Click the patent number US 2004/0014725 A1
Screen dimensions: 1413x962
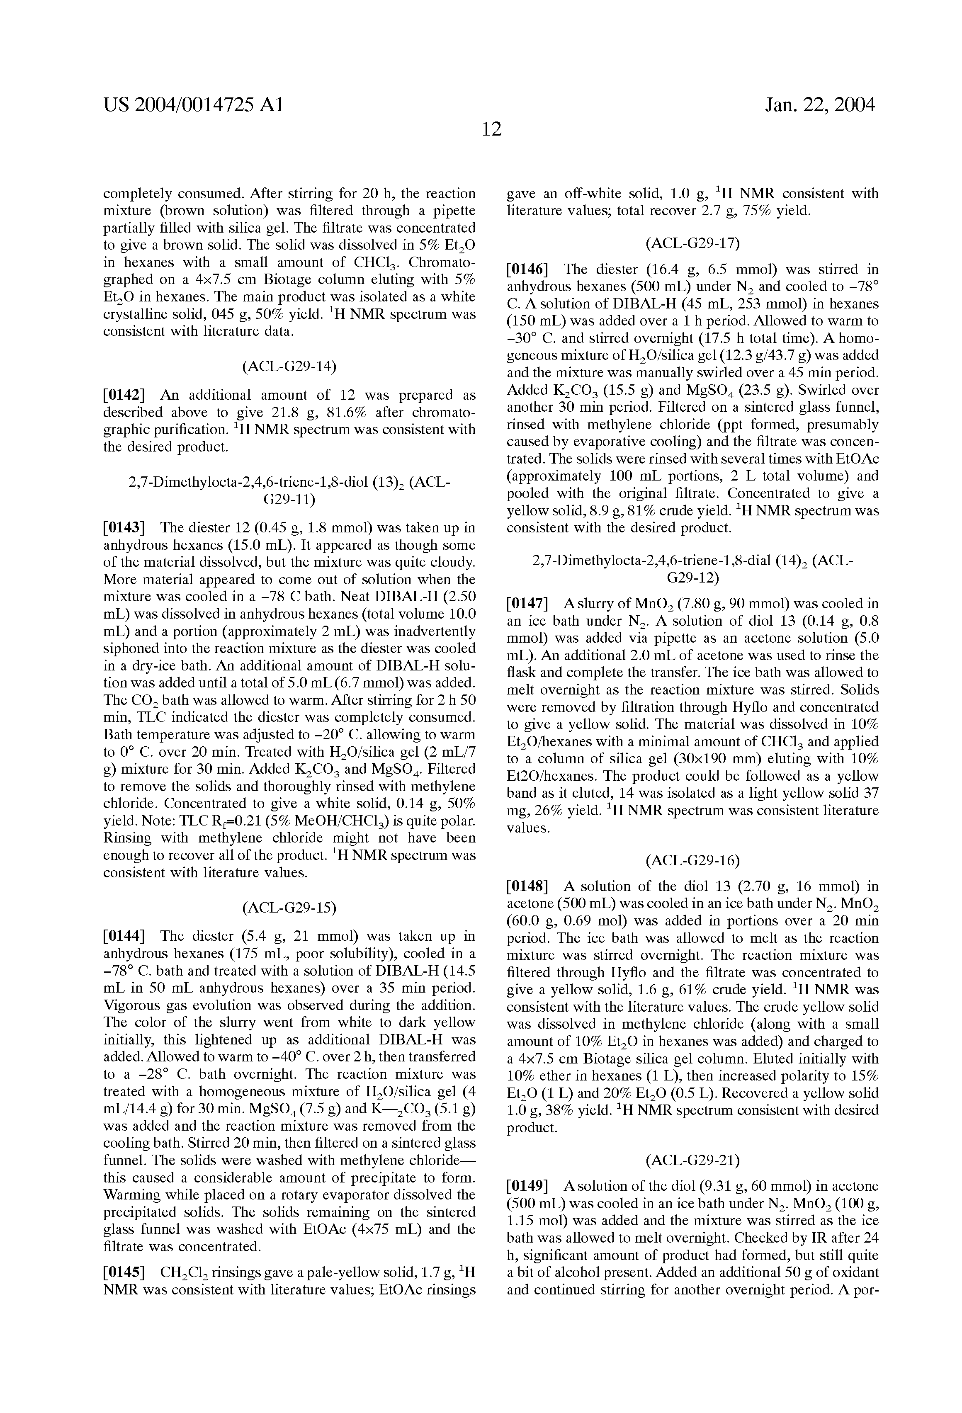pos(193,105)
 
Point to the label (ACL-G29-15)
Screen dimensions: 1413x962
pos(289,908)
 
